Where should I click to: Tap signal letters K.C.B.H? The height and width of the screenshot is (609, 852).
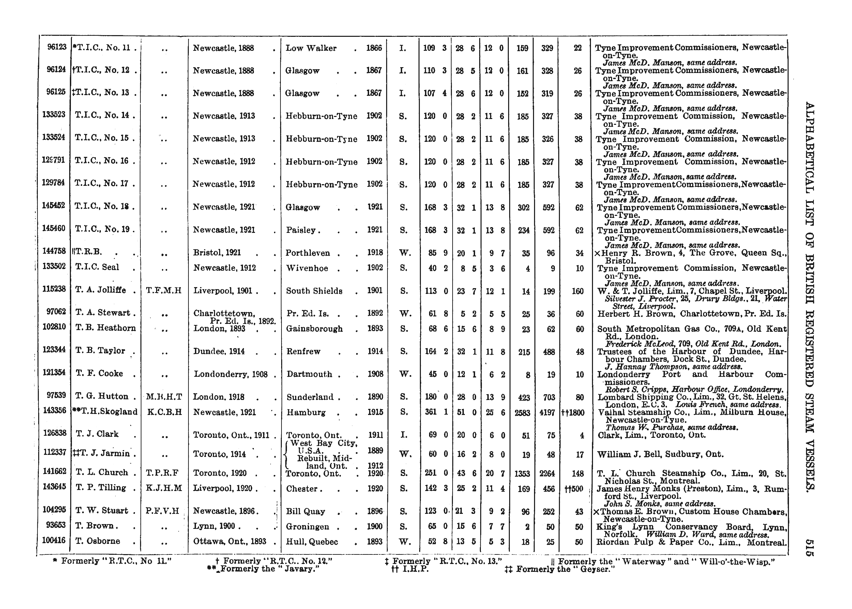pyautogui.click(x=165, y=412)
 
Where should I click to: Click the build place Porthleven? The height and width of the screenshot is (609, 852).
pyautogui.click(x=307, y=253)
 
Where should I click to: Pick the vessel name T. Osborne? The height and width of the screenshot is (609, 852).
pyautogui.click(x=98, y=541)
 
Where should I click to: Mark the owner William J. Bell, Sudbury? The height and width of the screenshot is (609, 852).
pyautogui.click(x=660, y=455)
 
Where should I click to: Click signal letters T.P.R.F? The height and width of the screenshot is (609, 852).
pyautogui.click(x=164, y=473)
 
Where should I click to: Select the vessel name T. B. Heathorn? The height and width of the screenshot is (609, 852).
pyautogui.click(x=105, y=328)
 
